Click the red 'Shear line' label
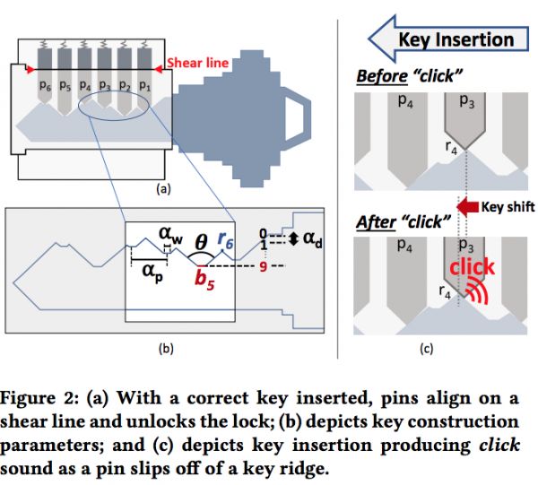[198, 63]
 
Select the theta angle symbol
[201, 241]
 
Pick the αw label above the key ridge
[170, 233]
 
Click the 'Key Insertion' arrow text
[456, 39]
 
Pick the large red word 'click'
[472, 267]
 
